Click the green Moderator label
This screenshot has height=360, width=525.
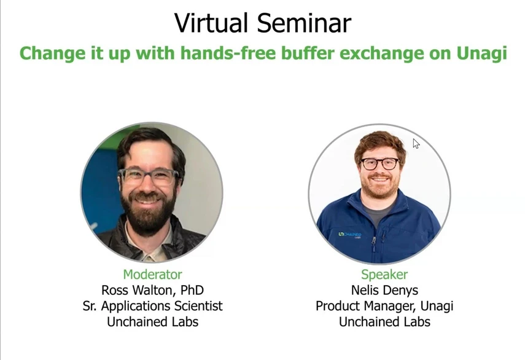[152, 275]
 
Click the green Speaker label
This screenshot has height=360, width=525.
[384, 275]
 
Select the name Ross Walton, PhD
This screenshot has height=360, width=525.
[152, 290]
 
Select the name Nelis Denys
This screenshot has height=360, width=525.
[384, 290]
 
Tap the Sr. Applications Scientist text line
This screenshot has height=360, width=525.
[152, 305]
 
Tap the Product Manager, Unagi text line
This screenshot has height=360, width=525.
[384, 305]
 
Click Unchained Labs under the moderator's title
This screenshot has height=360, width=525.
[152, 321]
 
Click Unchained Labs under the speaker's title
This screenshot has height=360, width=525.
[384, 321]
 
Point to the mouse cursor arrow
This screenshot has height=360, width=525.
[416, 143]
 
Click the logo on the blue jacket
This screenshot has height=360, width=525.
[349, 235]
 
